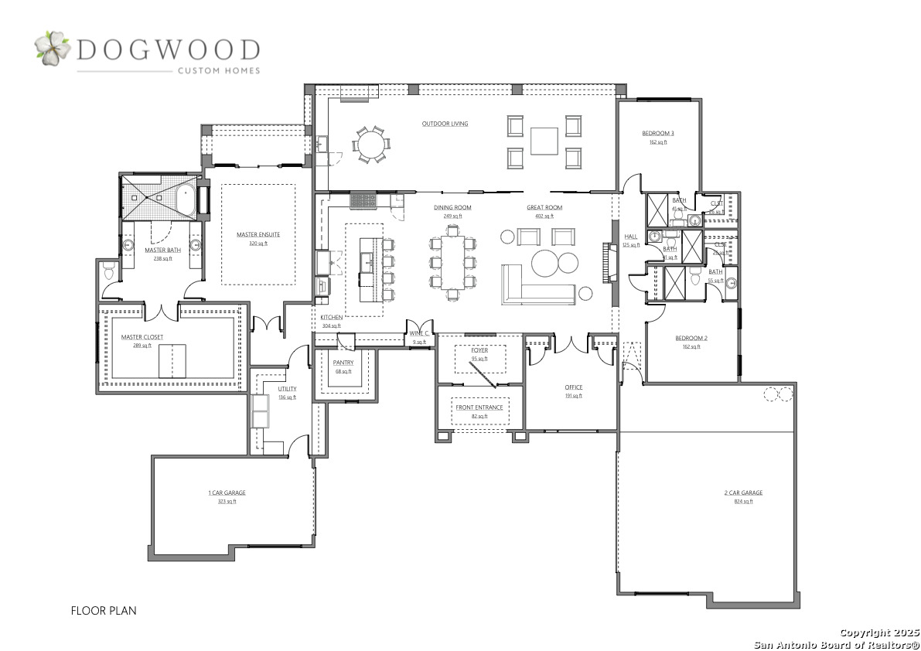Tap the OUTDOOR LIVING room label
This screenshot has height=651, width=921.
(445, 124)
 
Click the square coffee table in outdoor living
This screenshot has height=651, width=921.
(544, 140)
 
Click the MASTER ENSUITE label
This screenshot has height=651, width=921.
(258, 234)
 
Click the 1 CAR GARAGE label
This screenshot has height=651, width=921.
(227, 493)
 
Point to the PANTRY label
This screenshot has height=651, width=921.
(343, 363)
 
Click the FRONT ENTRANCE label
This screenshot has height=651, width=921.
(479, 407)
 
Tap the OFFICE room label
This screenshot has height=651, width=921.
(573, 387)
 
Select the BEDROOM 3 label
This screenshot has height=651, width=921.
(658, 134)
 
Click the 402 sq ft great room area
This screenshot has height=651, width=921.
(544, 216)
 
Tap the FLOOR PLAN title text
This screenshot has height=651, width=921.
(104, 610)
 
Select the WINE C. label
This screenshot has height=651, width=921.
(420, 333)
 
